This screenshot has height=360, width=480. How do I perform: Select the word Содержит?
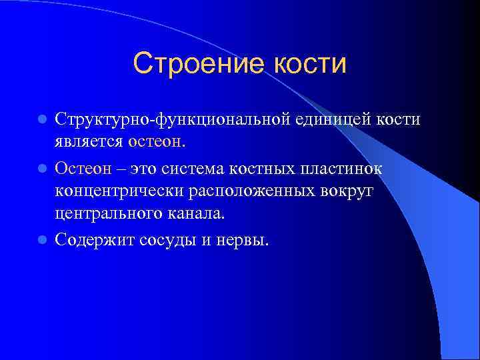coord(94,239)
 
